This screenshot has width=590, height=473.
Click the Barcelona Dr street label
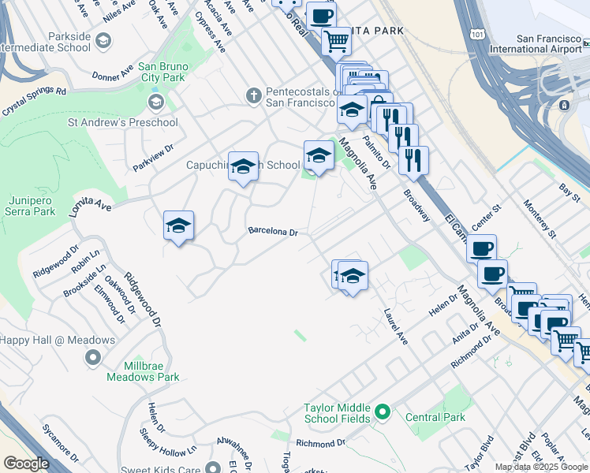(x=272, y=232)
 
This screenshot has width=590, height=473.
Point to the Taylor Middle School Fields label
(x=337, y=413)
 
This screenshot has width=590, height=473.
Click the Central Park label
(x=435, y=417)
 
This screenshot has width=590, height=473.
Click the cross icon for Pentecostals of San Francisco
(x=253, y=95)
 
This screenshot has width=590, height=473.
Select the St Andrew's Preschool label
(x=122, y=122)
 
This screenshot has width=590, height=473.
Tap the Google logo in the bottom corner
(x=25, y=464)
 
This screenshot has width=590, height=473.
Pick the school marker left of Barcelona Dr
(x=178, y=227)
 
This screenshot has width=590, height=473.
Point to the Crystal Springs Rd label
(x=33, y=101)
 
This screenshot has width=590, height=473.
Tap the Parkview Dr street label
(x=152, y=157)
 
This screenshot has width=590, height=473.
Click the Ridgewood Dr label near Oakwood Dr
(x=146, y=301)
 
